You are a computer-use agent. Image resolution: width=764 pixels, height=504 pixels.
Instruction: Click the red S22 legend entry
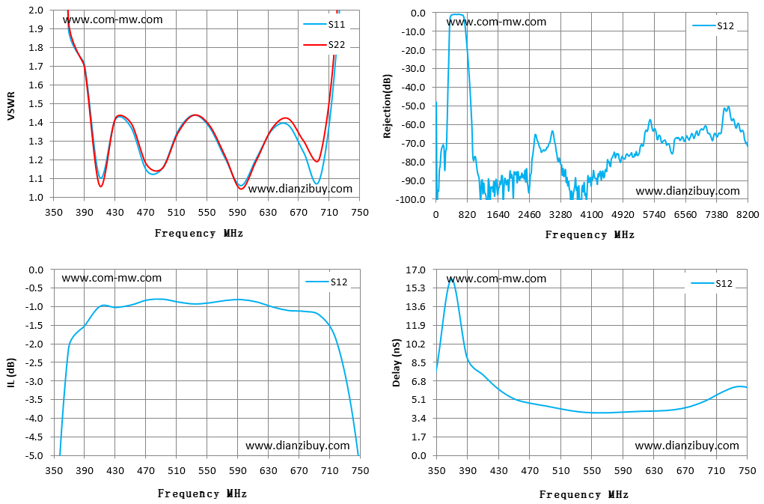[324, 45]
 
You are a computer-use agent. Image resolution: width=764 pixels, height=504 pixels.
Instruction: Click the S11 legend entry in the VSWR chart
[324, 25]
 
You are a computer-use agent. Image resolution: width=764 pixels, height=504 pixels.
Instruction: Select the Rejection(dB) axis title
[388, 106]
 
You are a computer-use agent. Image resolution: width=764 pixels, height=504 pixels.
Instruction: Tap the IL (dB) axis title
[11, 374]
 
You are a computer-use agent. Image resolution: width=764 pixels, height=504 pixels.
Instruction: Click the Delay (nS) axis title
[397, 362]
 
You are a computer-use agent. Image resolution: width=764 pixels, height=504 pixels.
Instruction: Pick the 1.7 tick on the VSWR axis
[36, 67]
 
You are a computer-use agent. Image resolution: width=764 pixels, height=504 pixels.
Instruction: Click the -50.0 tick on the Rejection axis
[415, 106]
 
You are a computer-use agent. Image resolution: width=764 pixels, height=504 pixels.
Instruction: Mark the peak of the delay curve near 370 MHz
[450, 279]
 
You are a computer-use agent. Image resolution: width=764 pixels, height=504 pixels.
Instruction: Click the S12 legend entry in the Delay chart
[712, 284]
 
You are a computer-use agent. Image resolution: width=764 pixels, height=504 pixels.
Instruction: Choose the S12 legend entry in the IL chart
[326, 282]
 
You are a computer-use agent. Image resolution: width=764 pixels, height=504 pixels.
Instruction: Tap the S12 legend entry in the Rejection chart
[713, 25]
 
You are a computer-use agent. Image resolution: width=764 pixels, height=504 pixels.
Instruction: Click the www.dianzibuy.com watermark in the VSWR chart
[300, 189]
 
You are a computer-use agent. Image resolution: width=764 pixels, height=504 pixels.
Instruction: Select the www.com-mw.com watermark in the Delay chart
[496, 279]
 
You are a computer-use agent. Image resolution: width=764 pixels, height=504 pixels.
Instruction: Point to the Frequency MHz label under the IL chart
[202, 494]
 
